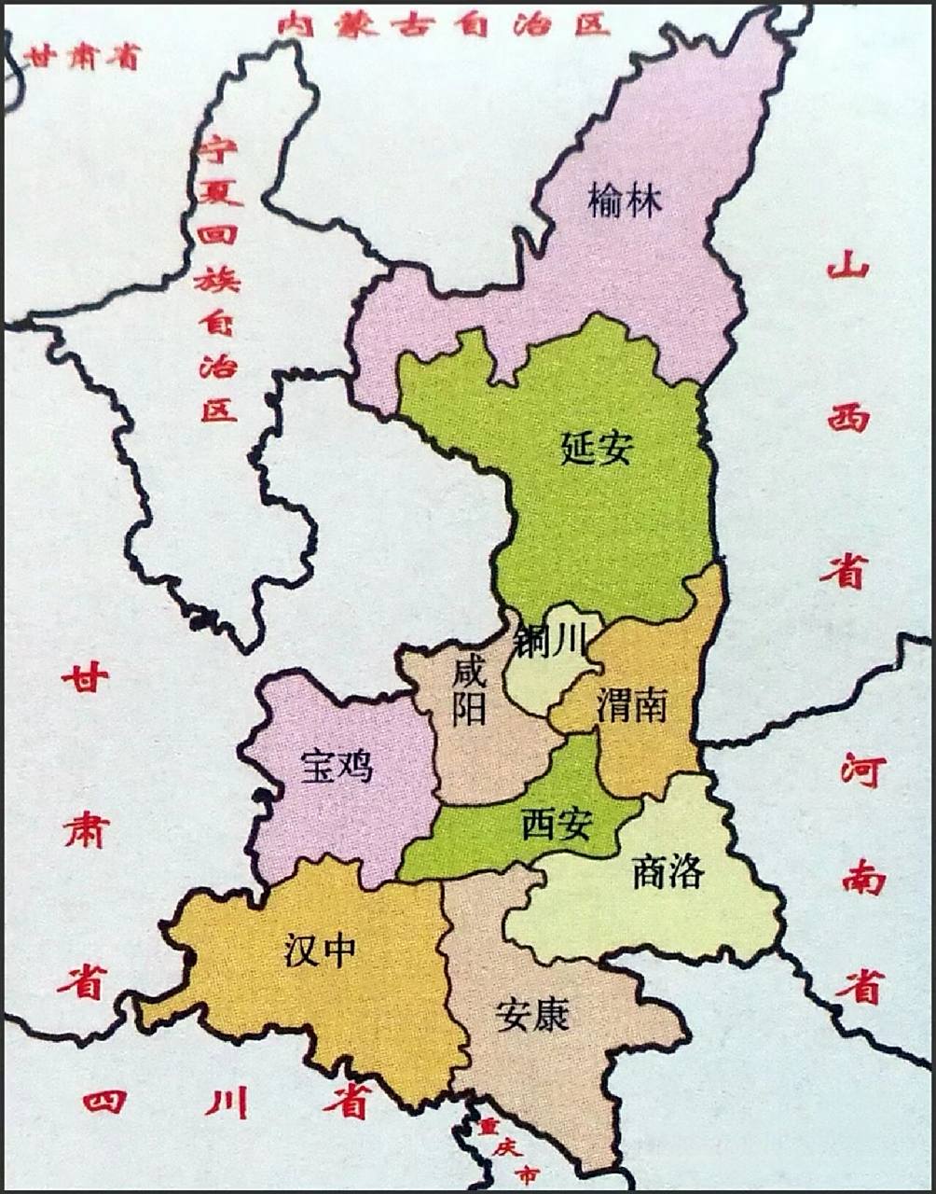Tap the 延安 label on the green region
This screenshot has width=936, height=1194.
click(x=597, y=448)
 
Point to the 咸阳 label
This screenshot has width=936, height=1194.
click(x=469, y=690)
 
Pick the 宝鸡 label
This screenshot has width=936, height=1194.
click(x=337, y=767)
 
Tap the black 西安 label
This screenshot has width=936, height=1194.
click(x=557, y=824)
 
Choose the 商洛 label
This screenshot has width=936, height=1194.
click(x=668, y=872)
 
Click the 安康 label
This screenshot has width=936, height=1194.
click(x=532, y=1015)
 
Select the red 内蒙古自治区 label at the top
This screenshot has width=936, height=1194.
click(x=444, y=24)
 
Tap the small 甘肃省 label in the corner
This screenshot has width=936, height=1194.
click(x=83, y=57)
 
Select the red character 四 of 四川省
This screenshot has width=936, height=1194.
click(x=104, y=1102)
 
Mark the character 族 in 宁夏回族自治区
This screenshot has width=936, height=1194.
click(x=217, y=279)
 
